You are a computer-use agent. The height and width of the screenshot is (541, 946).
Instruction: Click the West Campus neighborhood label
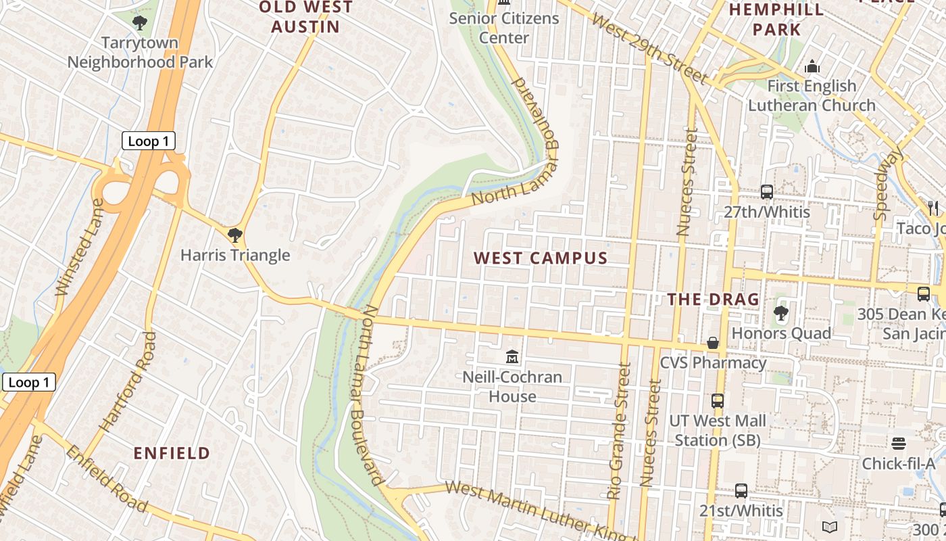point(541,258)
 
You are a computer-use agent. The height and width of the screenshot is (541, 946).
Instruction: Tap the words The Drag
point(713,299)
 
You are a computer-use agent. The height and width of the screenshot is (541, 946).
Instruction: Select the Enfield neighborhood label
point(172,453)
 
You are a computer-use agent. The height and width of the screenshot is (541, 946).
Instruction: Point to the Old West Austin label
point(305,17)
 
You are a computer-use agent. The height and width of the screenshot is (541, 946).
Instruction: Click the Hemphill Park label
point(776,19)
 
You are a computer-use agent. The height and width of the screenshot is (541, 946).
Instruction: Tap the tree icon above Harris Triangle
point(234,235)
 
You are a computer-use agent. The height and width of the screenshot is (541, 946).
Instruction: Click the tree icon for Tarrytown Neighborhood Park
point(140,23)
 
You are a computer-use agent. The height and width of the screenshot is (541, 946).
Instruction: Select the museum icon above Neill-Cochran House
point(512,356)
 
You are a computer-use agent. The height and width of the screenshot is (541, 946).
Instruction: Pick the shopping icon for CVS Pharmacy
point(713,343)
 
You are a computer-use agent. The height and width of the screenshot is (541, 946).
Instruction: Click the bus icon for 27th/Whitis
point(766,191)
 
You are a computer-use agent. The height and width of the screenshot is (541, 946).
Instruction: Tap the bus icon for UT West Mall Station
point(718,400)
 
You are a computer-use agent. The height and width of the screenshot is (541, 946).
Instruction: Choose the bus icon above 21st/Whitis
point(741,490)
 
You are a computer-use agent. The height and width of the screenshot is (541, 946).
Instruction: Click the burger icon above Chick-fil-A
point(898,443)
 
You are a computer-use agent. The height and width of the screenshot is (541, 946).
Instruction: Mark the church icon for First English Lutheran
point(812,66)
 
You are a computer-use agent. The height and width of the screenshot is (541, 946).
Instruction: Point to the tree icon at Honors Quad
point(780,312)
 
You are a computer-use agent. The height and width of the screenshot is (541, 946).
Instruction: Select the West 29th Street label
point(649,48)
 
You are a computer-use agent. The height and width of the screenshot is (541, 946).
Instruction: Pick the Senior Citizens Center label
point(504,27)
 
